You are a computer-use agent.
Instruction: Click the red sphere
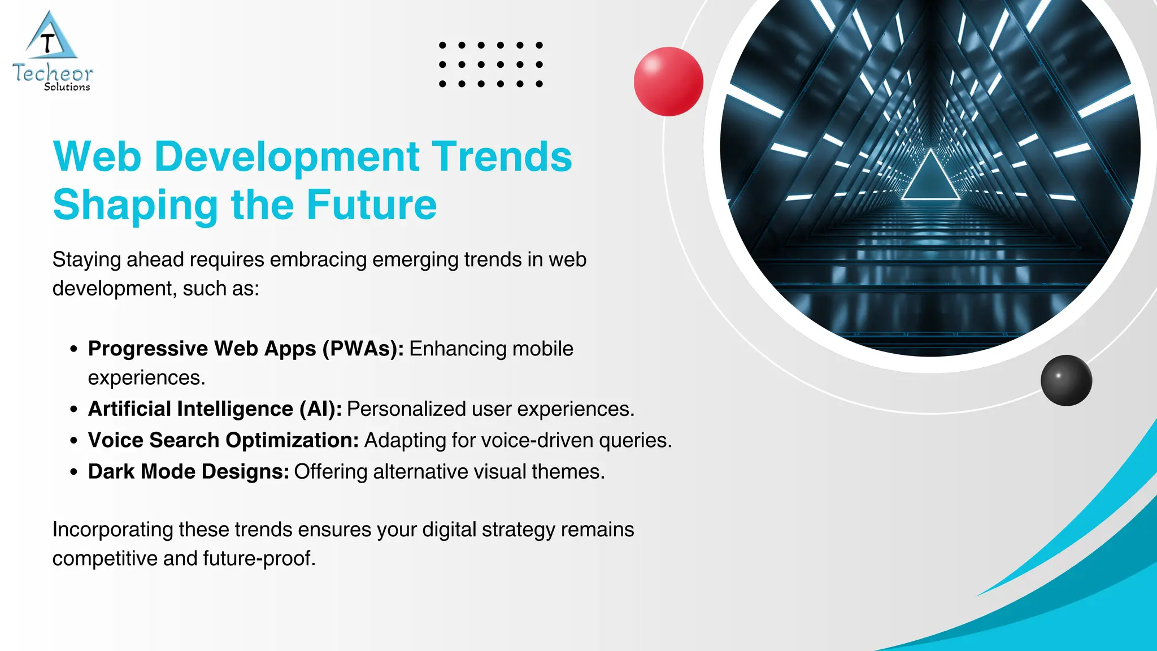(x=668, y=81)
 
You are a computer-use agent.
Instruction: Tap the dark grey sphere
(x=1066, y=380)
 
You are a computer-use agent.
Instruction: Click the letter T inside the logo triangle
(x=49, y=43)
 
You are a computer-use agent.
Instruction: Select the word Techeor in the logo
(x=53, y=73)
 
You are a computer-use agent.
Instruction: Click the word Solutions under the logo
(x=67, y=87)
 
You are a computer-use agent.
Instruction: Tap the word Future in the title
(x=372, y=205)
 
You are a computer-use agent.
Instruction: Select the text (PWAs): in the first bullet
(x=363, y=349)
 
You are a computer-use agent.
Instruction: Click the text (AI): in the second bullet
(x=320, y=409)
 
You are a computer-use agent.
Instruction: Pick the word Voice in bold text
(x=116, y=440)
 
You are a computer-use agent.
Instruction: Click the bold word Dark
(x=111, y=471)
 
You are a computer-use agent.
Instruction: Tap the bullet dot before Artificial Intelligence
(x=73, y=409)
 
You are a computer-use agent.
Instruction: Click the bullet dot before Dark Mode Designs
(x=73, y=472)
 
